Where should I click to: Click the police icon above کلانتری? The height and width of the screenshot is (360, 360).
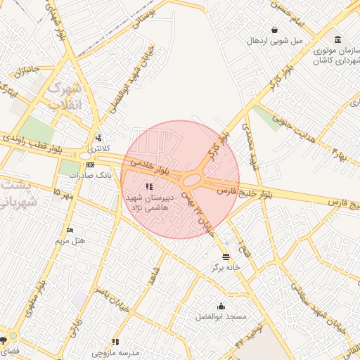coord(98,139)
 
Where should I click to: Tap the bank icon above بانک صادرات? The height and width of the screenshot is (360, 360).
coord(90,164)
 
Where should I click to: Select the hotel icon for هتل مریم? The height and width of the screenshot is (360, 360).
coord(69,230)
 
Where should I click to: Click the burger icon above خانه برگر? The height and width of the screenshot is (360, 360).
coord(225,257)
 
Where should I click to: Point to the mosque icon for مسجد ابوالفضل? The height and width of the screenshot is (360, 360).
coord(221,306)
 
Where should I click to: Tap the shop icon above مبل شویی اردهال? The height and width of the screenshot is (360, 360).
coord(274,30)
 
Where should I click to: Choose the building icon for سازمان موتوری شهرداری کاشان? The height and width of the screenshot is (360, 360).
coord(338,39)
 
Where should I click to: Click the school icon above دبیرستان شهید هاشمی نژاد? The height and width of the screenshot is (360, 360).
coord(148,186)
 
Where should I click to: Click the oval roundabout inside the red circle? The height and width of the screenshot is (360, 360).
coord(191,181)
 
